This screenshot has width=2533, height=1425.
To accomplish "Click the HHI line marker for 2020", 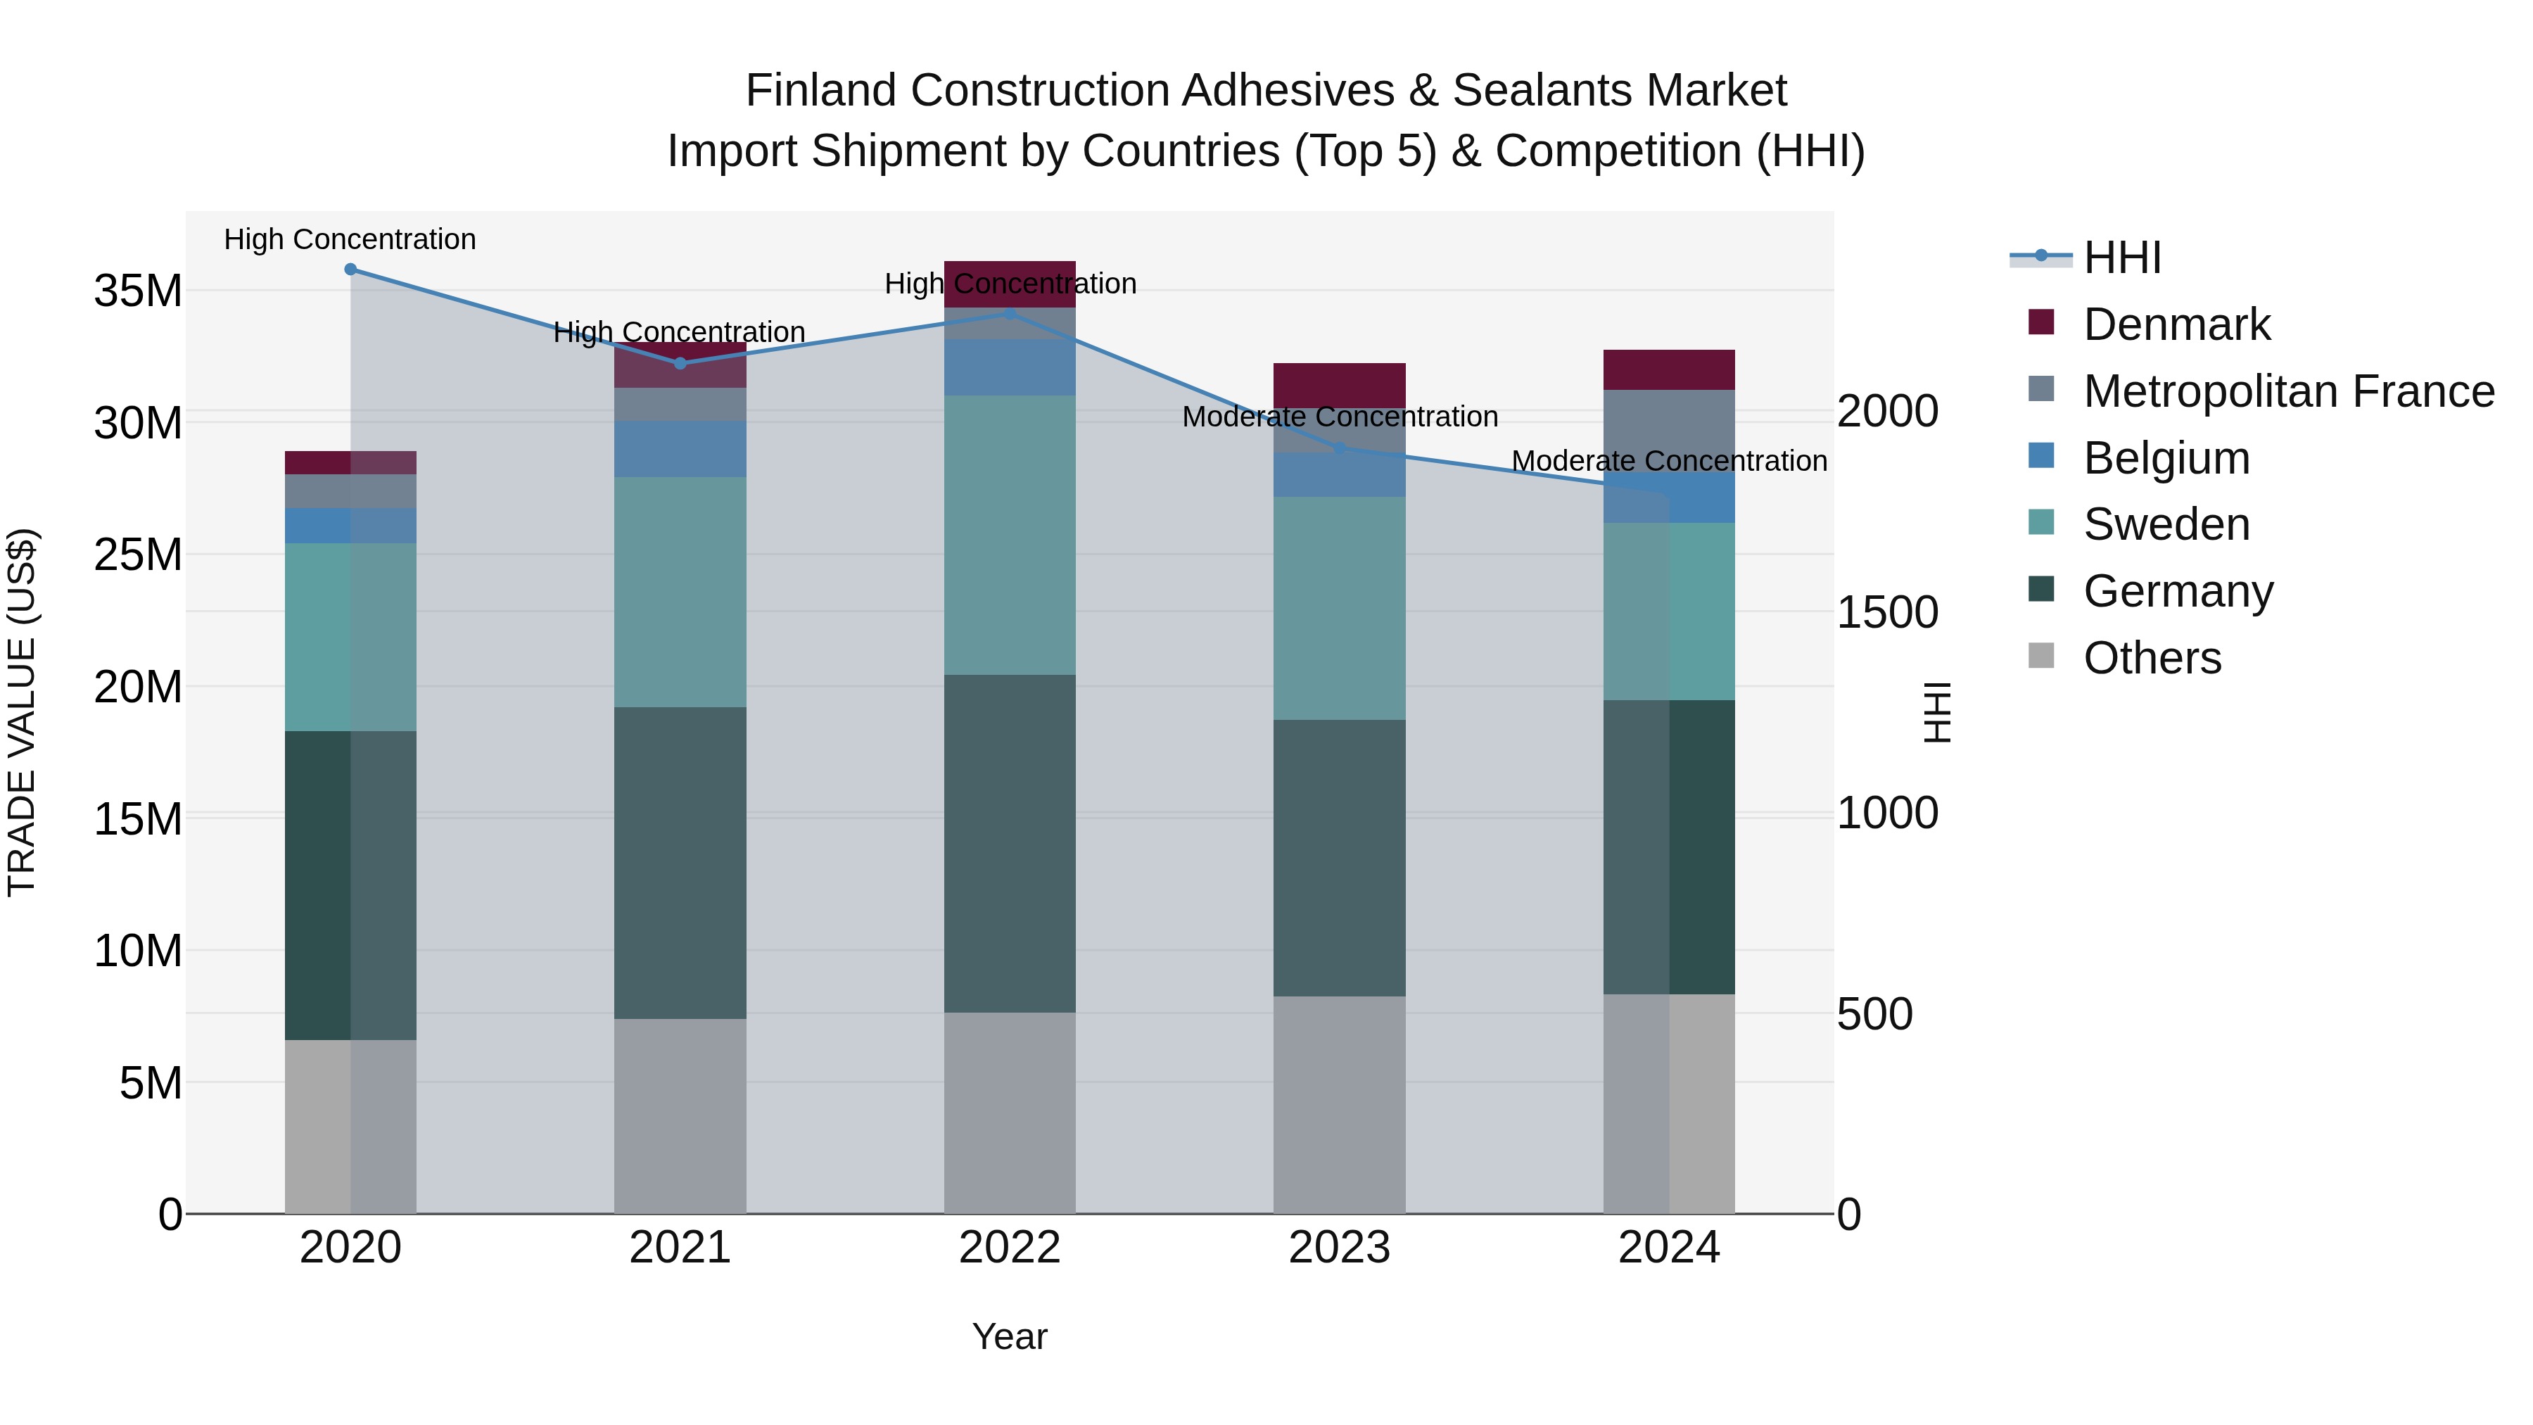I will tap(350, 270).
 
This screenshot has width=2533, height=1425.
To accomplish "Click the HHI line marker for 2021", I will tap(680, 363).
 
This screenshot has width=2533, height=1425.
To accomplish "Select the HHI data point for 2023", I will tap(1339, 448).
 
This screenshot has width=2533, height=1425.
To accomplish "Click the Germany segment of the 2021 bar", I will tap(680, 863).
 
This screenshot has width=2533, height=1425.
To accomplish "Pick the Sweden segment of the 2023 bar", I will tap(1339, 608).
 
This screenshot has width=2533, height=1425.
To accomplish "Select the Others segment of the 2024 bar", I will tap(1669, 1103).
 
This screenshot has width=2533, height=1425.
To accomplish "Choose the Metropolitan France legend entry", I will tap(2287, 391).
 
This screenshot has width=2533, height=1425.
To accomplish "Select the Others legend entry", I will tap(2152, 658).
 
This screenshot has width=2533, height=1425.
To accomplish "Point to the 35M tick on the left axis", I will tap(138, 291).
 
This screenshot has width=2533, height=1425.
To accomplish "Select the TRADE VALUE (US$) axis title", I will tap(22, 712).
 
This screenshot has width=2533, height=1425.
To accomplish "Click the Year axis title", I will tap(1010, 1336).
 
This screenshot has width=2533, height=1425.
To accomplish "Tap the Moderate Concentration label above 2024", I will tap(1669, 460).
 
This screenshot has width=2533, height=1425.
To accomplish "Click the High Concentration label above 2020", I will tap(350, 239).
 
